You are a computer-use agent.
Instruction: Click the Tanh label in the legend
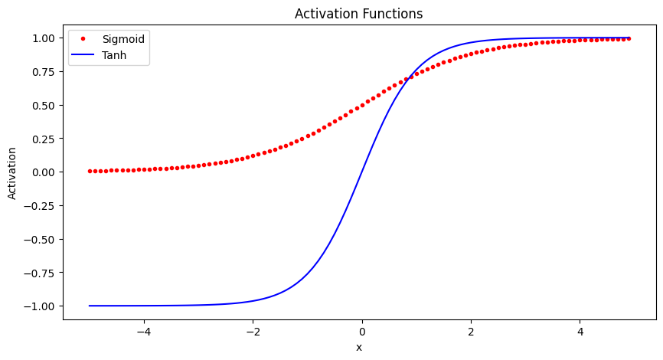(114, 55)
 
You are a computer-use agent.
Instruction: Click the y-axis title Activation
(12, 172)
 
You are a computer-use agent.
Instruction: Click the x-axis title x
(358, 348)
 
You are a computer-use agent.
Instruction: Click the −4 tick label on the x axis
(143, 332)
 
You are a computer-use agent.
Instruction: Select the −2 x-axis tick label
(253, 332)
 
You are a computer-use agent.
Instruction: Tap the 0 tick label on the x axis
(362, 332)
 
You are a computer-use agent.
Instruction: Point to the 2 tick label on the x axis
(471, 332)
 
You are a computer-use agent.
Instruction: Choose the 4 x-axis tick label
(580, 332)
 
